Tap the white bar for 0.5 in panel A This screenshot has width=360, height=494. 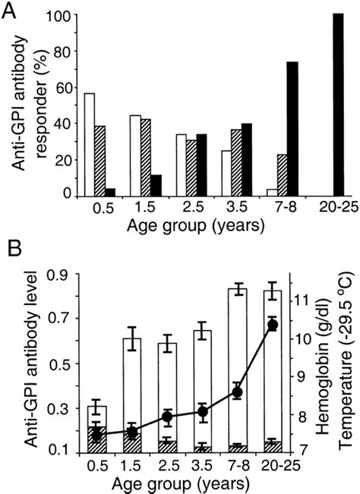(90, 144)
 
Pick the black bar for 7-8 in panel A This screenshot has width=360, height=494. (271, 128)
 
